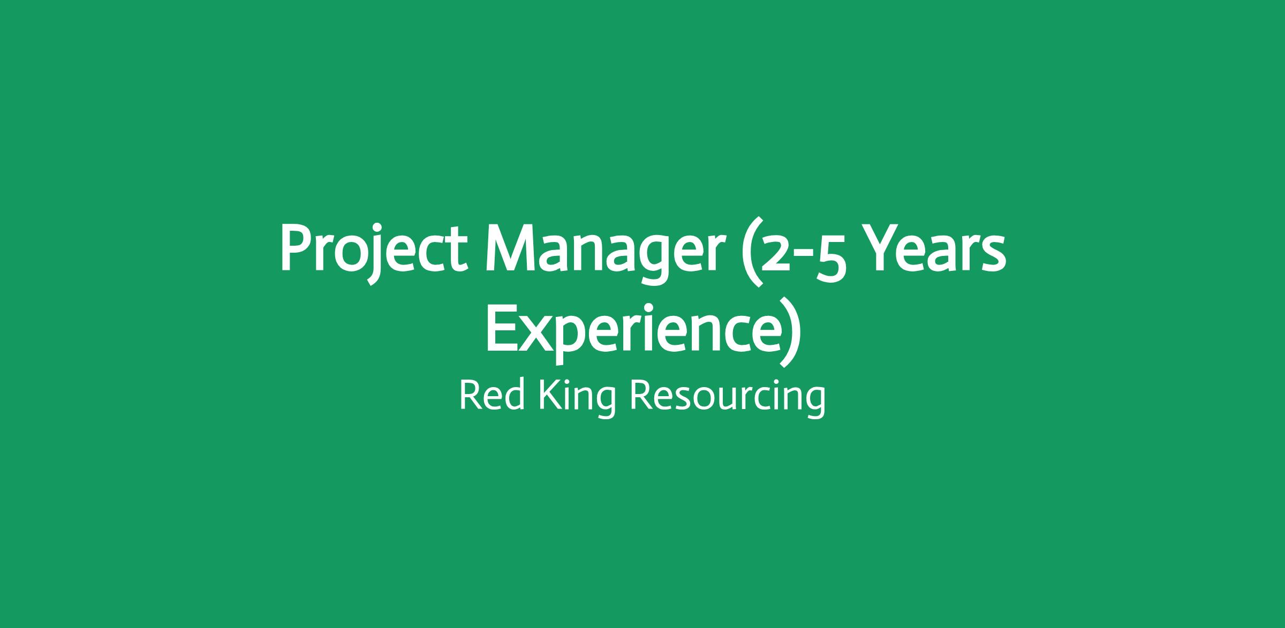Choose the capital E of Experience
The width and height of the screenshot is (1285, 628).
pyautogui.click(x=502, y=329)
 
